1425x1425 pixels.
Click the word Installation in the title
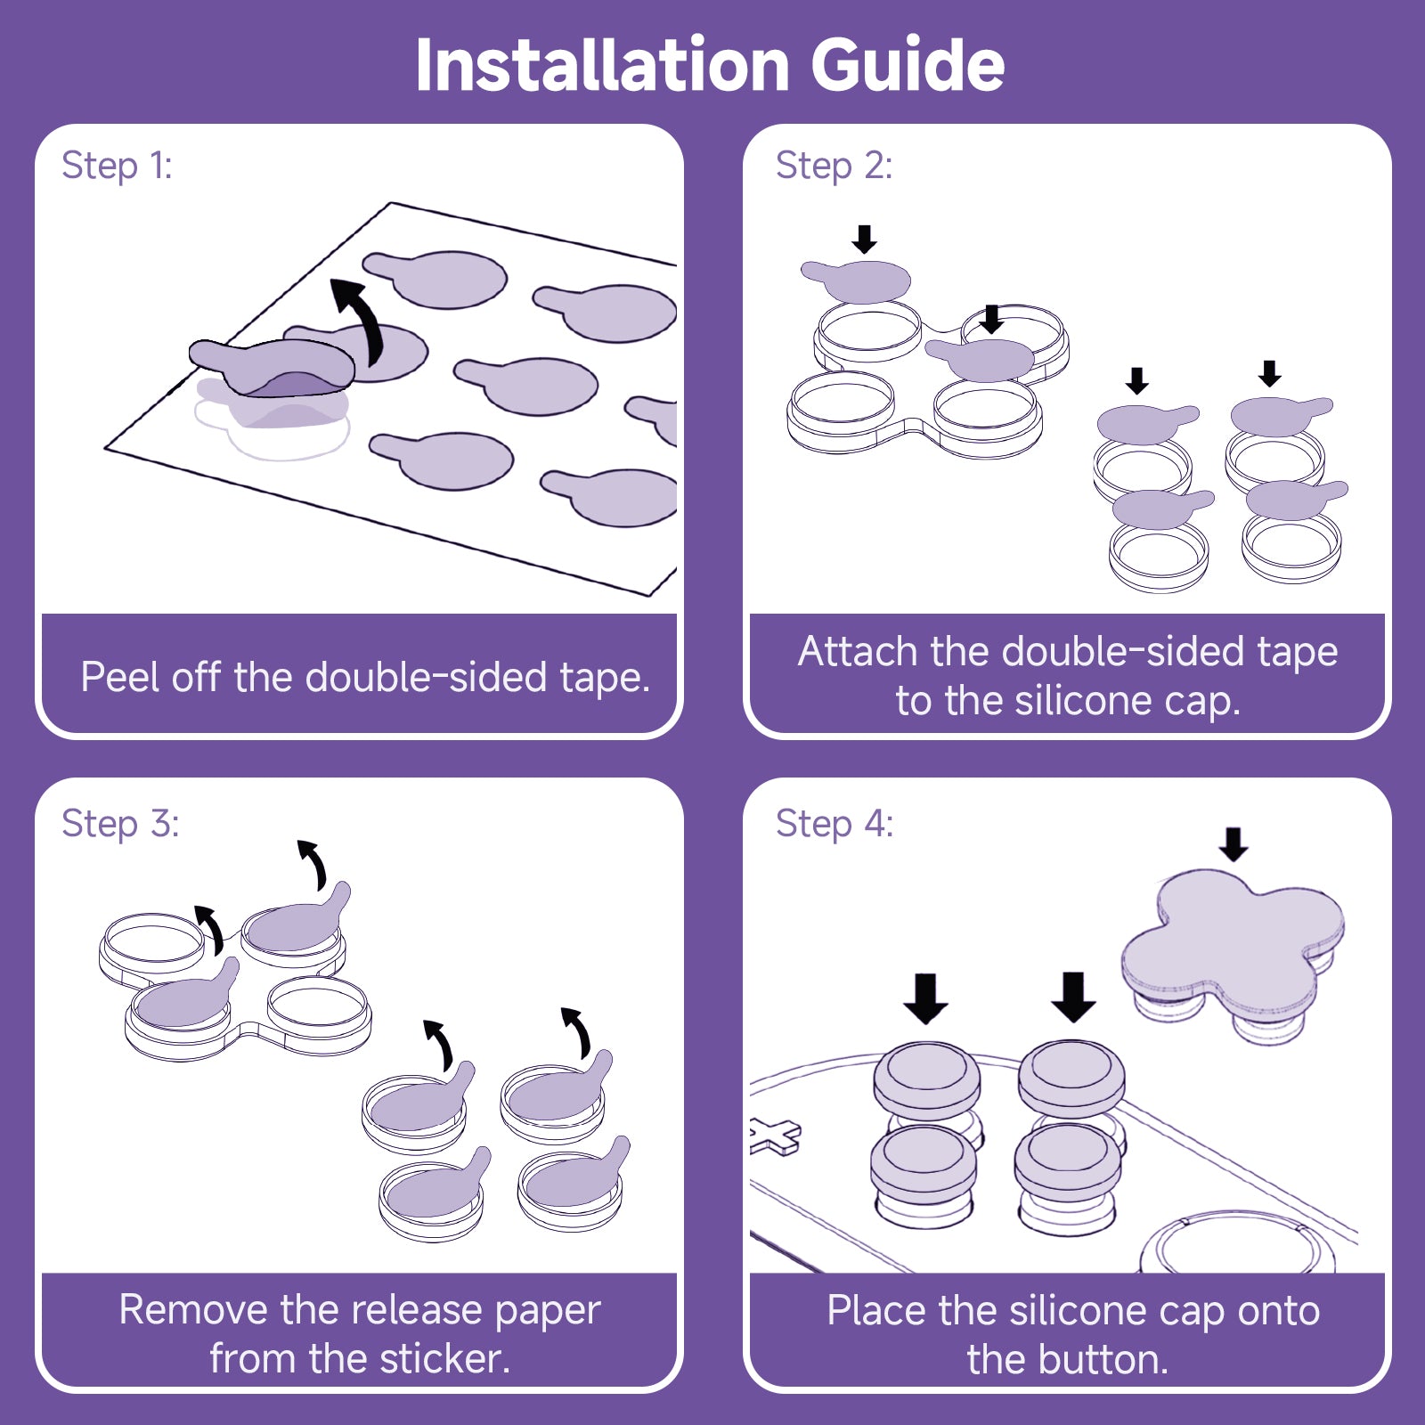(603, 65)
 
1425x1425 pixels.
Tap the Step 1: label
(117, 166)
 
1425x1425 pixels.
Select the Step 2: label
(834, 166)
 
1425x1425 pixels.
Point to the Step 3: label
(120, 824)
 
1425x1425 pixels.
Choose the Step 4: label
(835, 824)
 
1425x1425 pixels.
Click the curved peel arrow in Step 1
(361, 316)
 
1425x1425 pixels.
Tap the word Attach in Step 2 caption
(858, 652)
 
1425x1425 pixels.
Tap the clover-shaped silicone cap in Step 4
(1234, 944)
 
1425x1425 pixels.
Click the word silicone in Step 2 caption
(1083, 701)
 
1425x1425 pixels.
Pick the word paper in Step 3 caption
(547, 1310)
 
